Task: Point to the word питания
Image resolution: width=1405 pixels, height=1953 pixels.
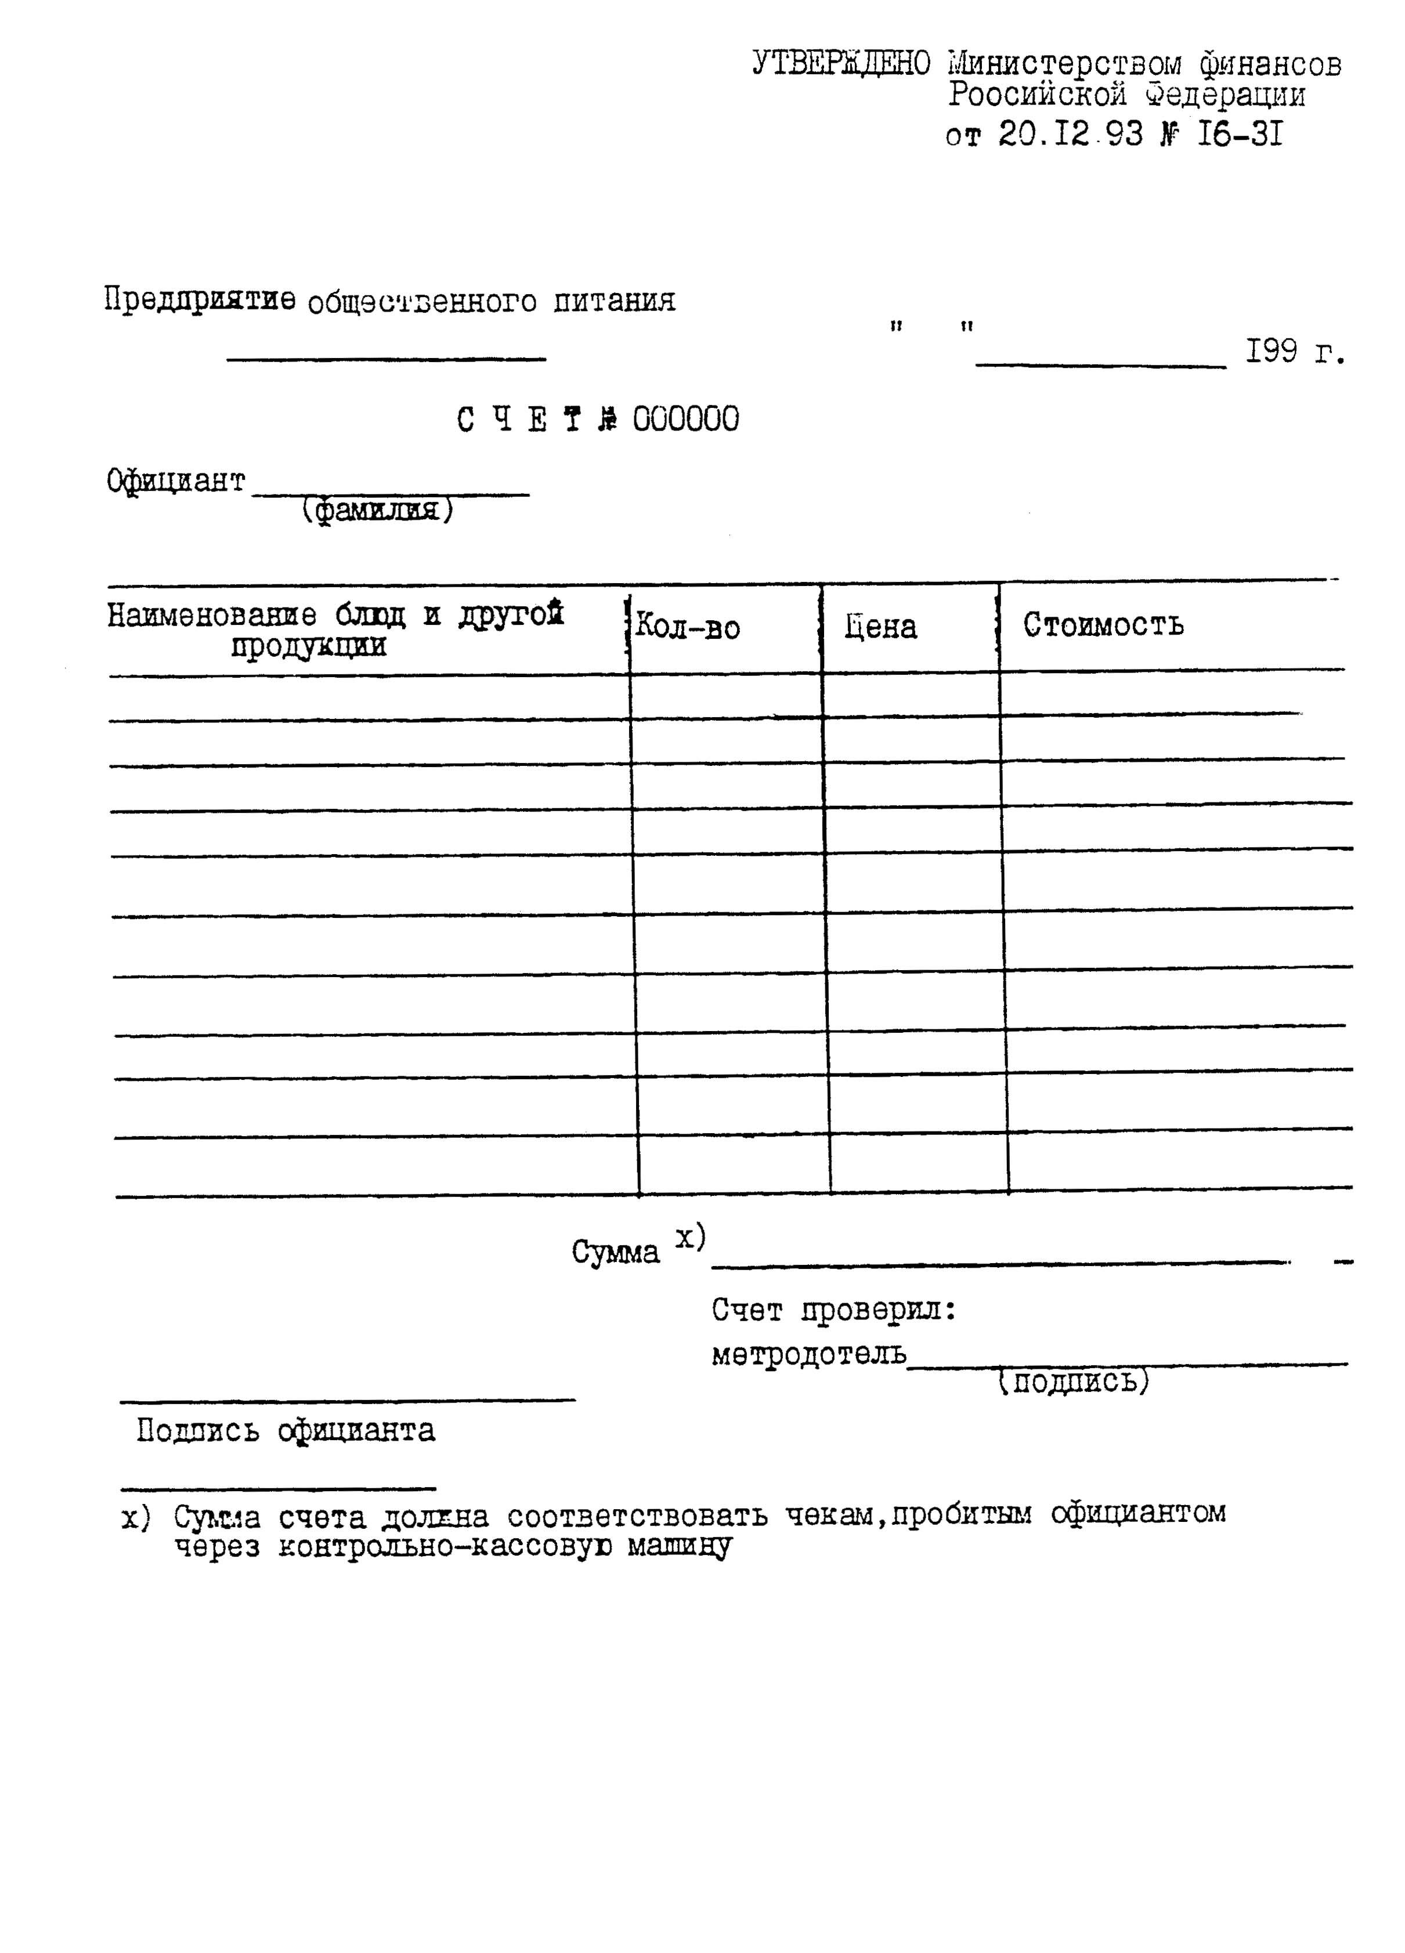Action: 613,301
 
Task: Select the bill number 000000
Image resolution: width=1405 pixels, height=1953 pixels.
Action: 686,419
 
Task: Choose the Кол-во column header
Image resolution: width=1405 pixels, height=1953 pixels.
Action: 688,627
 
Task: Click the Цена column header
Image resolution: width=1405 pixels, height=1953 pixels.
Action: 880,627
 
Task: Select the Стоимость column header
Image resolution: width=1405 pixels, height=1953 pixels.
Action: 1103,624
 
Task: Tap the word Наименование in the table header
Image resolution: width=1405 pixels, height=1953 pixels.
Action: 211,615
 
